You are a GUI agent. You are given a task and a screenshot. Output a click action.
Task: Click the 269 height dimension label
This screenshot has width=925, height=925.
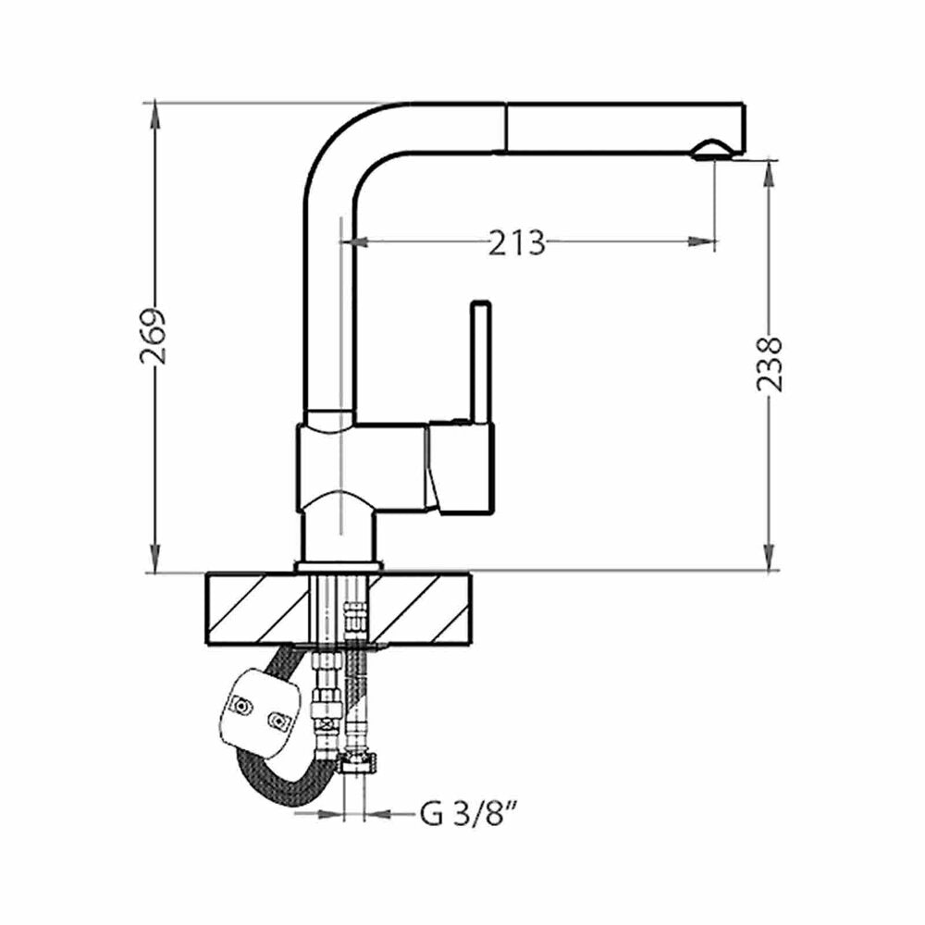(154, 337)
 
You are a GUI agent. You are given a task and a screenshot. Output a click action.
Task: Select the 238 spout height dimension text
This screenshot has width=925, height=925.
(770, 364)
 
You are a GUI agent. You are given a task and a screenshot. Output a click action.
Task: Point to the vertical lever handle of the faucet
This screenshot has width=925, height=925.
(481, 363)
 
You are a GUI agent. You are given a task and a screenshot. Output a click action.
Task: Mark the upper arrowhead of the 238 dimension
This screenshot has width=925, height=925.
(770, 175)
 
